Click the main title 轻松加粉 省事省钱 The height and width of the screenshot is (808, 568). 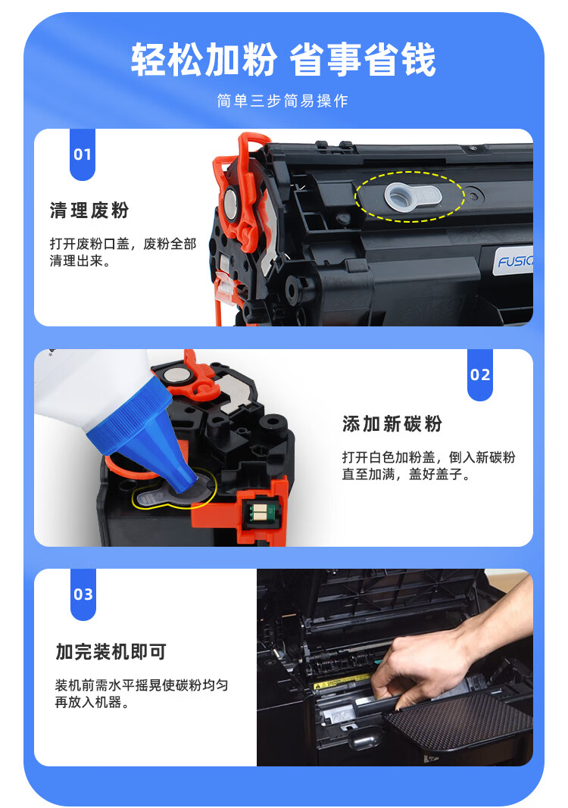click(283, 61)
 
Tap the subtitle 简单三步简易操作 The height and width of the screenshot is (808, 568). click(282, 101)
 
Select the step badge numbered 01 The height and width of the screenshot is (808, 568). click(83, 154)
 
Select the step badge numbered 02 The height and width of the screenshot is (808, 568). click(480, 375)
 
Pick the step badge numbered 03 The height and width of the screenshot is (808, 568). click(83, 594)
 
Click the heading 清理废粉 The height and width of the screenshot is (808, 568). click(89, 211)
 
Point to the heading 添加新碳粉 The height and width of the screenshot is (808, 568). click(392, 423)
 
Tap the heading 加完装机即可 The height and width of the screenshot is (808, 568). click(111, 652)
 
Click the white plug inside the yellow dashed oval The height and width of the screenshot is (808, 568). click(412, 197)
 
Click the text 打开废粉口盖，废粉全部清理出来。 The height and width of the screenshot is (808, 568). click(123, 252)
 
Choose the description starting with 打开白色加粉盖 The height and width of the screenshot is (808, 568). click(429, 465)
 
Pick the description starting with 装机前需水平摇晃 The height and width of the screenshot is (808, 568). click(142, 694)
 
